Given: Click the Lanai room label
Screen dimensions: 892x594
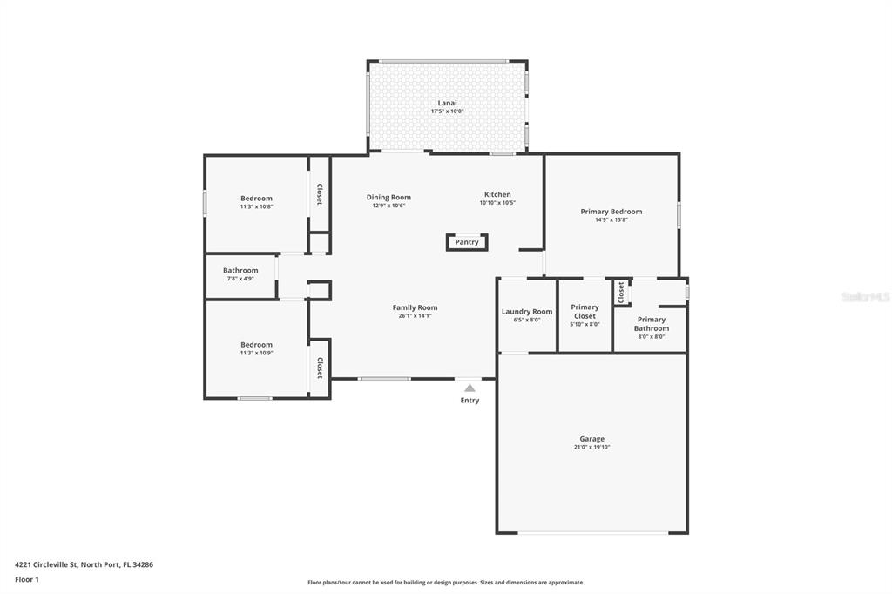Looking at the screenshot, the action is (x=447, y=103).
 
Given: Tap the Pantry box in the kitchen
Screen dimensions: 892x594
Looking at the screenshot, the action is (x=467, y=242).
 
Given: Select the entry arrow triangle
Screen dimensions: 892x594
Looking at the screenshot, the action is (x=470, y=388).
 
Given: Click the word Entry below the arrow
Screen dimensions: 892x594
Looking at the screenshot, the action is (x=470, y=401).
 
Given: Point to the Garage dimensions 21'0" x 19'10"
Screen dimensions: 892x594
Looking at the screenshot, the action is (x=591, y=447).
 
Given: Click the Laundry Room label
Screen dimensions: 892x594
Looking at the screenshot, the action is (x=527, y=312).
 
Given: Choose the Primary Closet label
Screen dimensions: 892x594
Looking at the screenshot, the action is (x=585, y=312).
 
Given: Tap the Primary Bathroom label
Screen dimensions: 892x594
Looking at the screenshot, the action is (x=652, y=324).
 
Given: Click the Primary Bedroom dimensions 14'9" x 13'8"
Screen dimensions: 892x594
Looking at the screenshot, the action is (x=612, y=219).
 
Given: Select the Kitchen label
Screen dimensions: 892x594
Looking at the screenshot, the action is (x=497, y=194).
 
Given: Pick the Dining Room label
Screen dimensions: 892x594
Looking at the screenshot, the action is (x=389, y=198).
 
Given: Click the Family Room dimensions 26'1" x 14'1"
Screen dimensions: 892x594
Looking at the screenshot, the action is (x=416, y=316).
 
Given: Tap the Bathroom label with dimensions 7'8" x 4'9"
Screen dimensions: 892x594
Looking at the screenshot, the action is (x=240, y=271).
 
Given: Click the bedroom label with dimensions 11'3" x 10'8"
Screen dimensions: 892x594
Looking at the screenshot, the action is (x=257, y=199).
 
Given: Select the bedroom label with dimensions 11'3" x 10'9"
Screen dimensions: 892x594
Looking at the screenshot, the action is (x=257, y=345).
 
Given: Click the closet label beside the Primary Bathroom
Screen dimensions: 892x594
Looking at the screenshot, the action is (x=621, y=293).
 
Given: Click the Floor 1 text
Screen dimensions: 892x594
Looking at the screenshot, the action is (x=27, y=580).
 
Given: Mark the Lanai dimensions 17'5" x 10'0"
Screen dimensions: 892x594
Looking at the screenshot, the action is (x=447, y=111).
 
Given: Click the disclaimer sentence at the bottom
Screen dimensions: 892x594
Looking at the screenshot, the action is (x=446, y=583).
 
